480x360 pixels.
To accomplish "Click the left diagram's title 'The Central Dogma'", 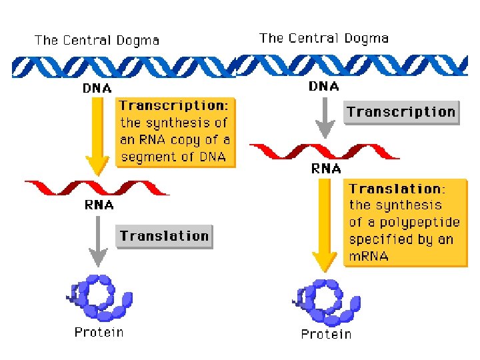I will pos(97,41).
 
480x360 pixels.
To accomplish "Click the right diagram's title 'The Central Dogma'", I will pos(323,38).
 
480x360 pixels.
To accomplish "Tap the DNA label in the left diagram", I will pos(97,88).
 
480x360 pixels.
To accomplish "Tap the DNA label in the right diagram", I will pos(324,86).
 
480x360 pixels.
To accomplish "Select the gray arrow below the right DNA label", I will pos(325,117).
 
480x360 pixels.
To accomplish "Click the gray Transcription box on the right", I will pos(401,112).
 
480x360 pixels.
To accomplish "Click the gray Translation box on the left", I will pos(164,236).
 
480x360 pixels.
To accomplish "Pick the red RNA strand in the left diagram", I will pos(97,187).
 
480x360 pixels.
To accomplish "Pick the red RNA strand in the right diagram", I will pos(324,151).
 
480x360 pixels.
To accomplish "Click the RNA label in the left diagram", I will pos(99,205).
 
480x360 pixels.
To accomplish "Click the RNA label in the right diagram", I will pos(326,169).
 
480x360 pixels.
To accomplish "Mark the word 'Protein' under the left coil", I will pos(99,332).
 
